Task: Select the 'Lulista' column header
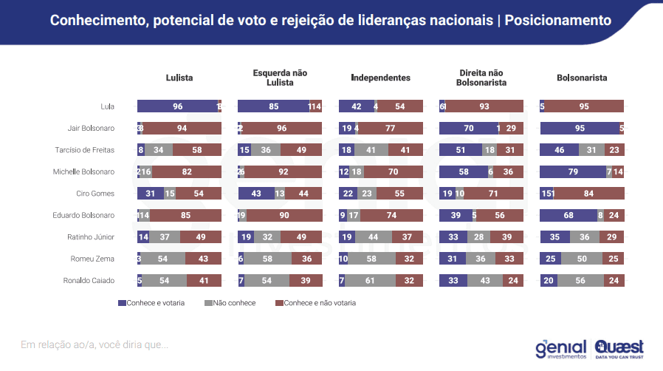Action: [x=179, y=78]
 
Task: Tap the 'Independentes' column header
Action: [x=380, y=78]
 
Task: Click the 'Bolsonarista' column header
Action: [x=582, y=78]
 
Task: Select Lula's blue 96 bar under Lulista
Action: [x=177, y=106]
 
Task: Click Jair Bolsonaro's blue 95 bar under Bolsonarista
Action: [x=580, y=129]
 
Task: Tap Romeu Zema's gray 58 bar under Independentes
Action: [x=372, y=259]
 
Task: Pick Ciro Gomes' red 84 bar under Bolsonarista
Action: [x=589, y=194]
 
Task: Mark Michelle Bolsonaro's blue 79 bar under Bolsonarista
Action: [x=572, y=172]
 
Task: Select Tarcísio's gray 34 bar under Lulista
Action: [x=159, y=150]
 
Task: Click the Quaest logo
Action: [x=618, y=348]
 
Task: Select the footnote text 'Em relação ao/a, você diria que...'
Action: [x=94, y=344]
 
